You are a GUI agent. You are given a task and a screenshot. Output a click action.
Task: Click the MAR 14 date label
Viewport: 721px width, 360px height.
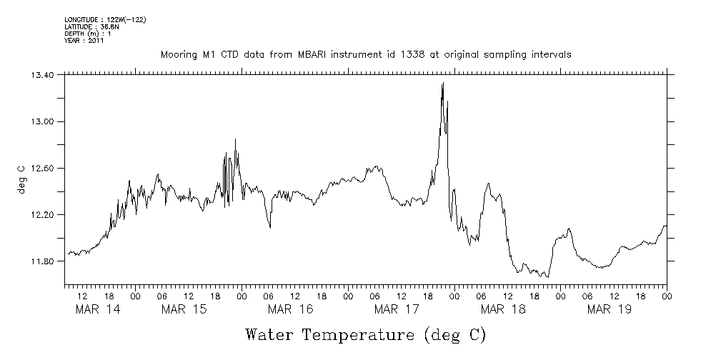97,309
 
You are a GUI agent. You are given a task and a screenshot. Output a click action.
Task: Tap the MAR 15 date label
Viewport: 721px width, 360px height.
184,309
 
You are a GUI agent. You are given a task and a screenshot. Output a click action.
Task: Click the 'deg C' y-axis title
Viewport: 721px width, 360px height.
21,179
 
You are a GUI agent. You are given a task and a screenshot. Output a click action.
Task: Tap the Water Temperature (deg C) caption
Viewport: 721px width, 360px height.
366,334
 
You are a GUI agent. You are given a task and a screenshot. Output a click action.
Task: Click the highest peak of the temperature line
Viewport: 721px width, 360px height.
443,84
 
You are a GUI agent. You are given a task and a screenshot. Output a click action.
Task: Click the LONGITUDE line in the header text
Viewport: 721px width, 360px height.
105,19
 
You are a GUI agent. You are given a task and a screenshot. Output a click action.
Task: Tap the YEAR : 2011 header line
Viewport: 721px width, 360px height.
84,41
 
